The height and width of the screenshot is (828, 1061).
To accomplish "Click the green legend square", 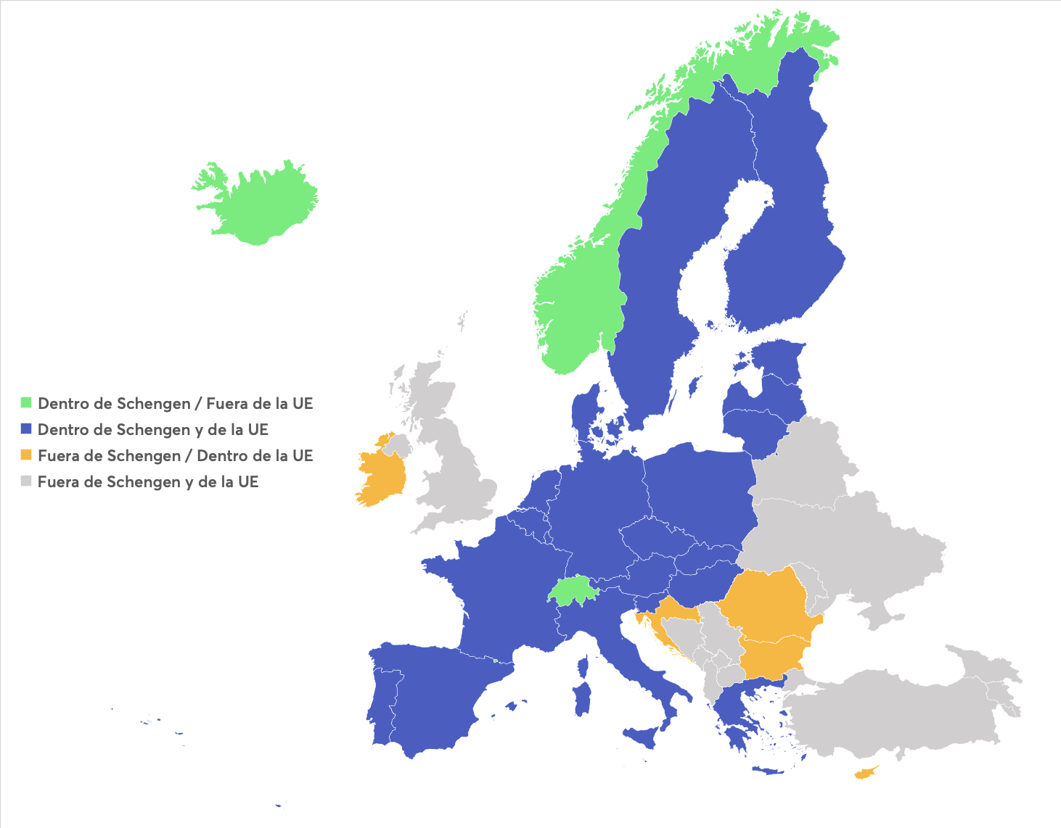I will pyautogui.click(x=26, y=402).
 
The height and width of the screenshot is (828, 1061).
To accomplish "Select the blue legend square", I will pyautogui.click(x=26, y=429).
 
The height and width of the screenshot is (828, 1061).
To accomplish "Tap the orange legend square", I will pyautogui.click(x=26, y=455).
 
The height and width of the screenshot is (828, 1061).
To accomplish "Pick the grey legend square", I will pyautogui.click(x=26, y=481).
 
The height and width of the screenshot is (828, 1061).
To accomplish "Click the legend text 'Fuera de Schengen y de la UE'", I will pyautogui.click(x=148, y=481).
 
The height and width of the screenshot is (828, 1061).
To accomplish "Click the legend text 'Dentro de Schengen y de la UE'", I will pyautogui.click(x=153, y=429).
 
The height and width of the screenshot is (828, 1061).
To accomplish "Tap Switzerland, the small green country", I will pyautogui.click(x=572, y=591).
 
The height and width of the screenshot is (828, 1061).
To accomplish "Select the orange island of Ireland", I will pyautogui.click(x=381, y=475).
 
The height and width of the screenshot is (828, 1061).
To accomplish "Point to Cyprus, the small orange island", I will pyautogui.click(x=865, y=773).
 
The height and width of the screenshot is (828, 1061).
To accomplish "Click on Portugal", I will pyautogui.click(x=383, y=700).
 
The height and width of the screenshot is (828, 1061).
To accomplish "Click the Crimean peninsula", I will pyautogui.click(x=882, y=616).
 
